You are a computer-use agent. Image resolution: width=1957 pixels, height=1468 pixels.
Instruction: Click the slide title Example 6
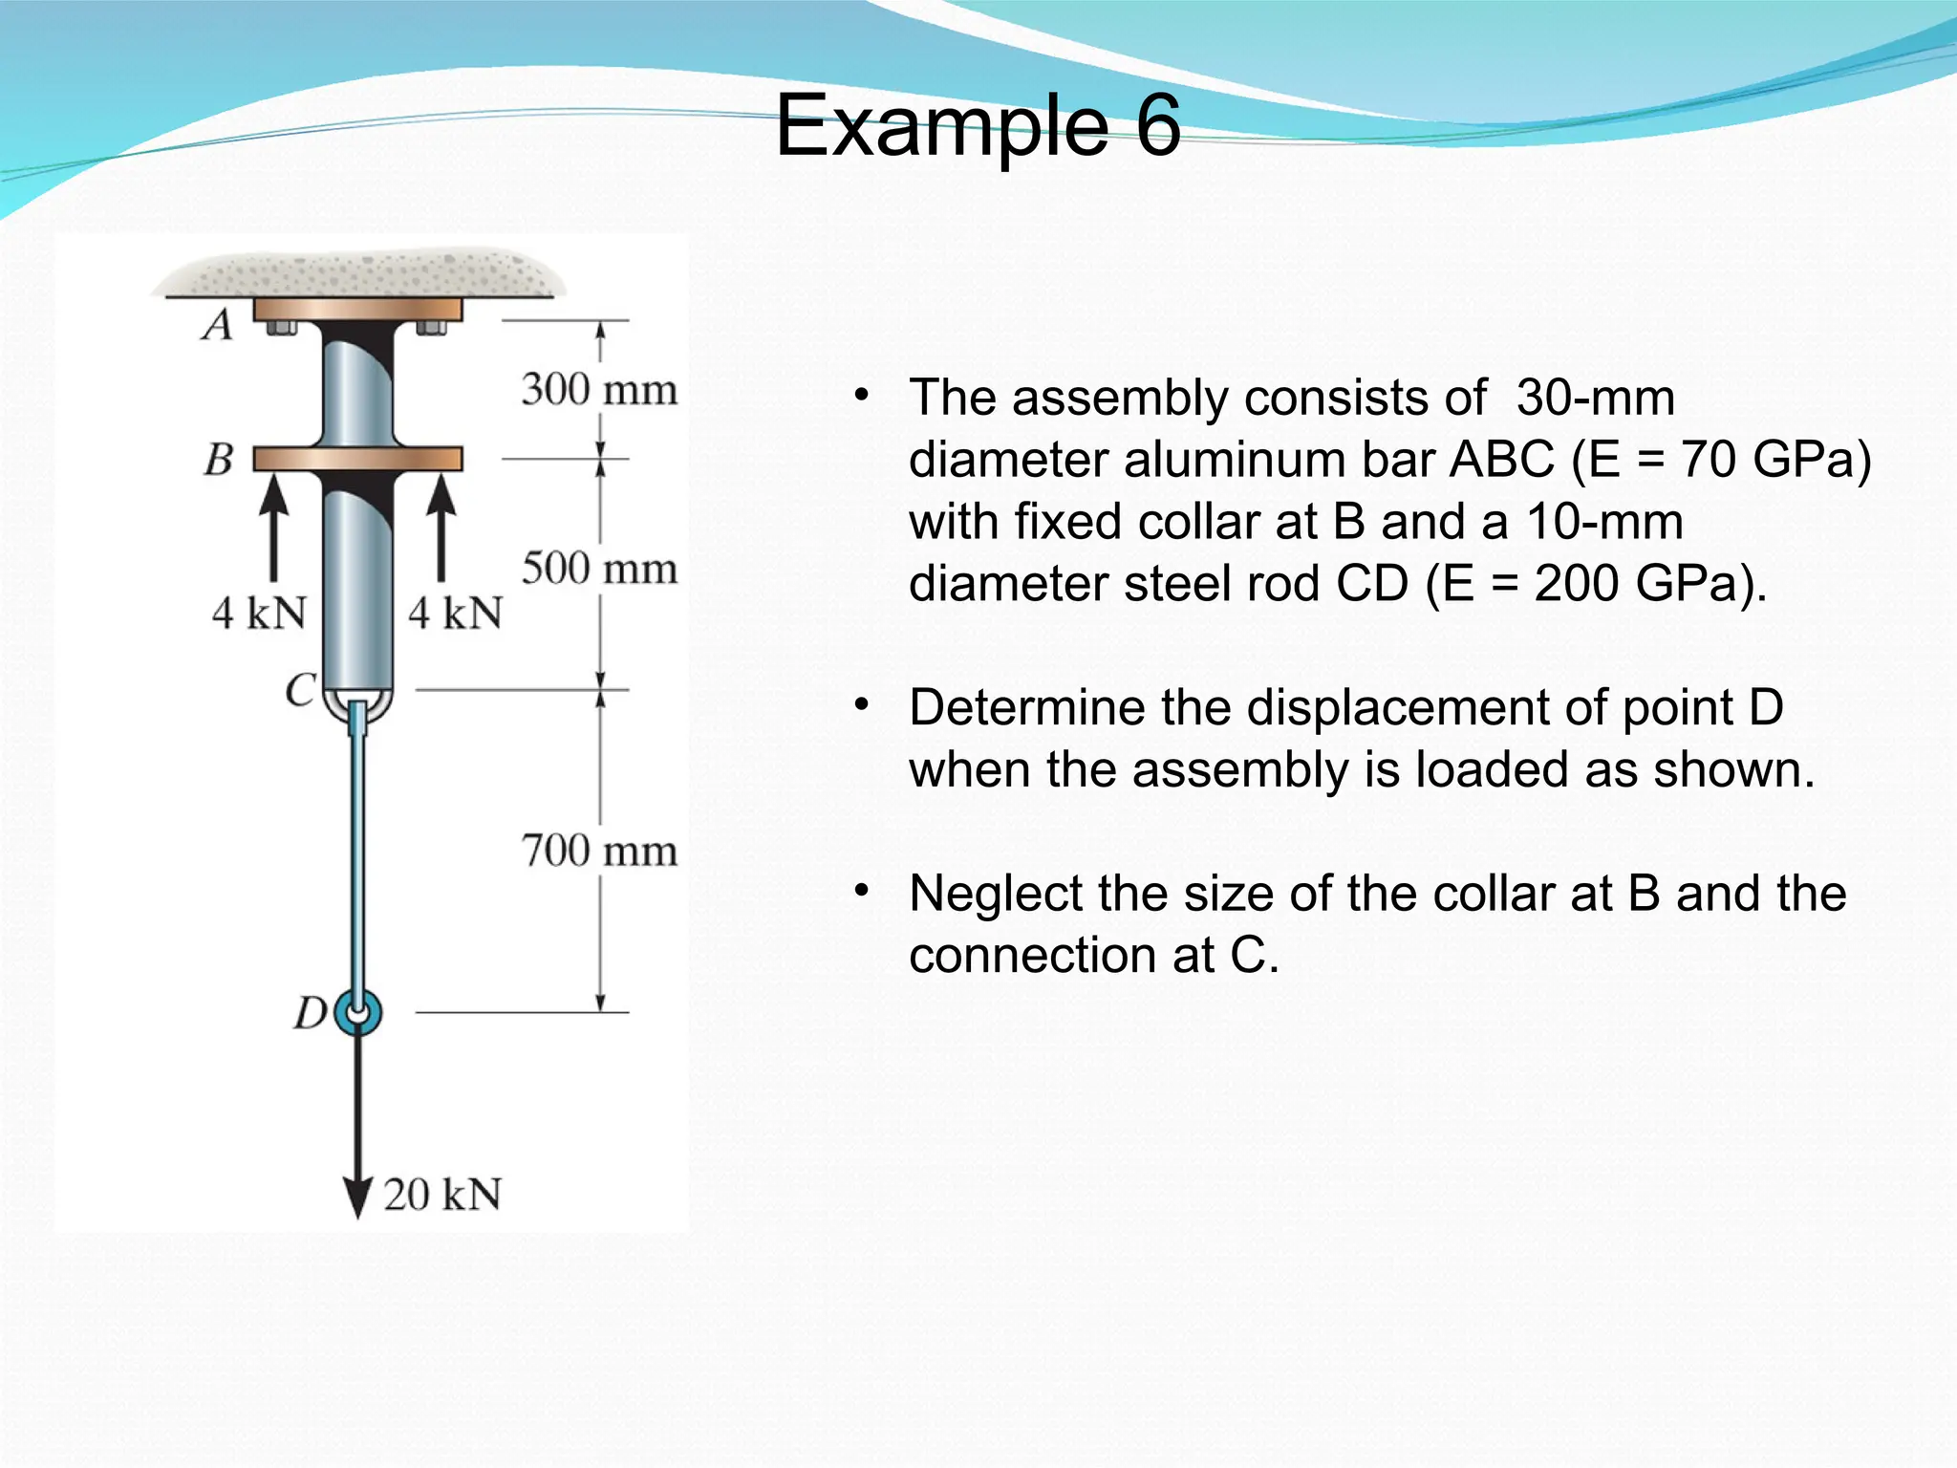tap(978, 126)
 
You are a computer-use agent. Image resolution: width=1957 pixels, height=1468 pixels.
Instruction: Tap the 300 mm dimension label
tap(599, 390)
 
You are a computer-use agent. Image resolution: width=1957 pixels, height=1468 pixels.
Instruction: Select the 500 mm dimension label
tap(599, 569)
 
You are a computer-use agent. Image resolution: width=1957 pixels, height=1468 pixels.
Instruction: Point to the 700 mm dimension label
tap(599, 851)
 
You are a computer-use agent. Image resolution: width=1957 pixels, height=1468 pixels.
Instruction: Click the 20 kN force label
tap(442, 1195)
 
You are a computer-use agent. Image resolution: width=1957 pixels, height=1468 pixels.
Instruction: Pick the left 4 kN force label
tap(259, 613)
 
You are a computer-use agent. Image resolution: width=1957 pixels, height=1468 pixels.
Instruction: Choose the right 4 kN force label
tap(455, 613)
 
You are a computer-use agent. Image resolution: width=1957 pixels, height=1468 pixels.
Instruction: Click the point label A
tap(218, 325)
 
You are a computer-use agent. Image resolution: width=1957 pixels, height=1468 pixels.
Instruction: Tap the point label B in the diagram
tap(219, 460)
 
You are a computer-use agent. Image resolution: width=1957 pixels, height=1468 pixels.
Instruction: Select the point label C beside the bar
tap(301, 689)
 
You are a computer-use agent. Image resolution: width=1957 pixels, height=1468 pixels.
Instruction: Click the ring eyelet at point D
tap(358, 1013)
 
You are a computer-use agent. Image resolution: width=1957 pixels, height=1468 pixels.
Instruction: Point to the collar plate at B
tap(358, 460)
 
